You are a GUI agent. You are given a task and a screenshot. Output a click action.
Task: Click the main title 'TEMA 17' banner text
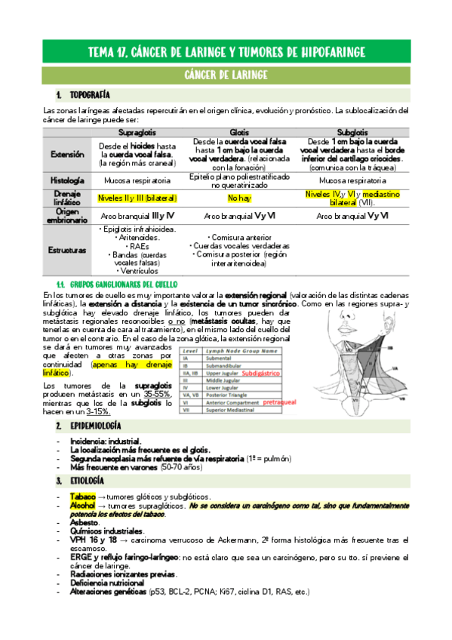click(x=226, y=51)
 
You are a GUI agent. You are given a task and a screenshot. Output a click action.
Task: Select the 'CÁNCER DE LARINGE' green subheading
click(x=226, y=75)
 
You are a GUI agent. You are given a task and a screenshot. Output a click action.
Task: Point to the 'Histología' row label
click(x=67, y=181)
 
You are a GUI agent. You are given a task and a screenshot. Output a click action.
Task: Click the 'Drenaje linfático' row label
click(x=67, y=198)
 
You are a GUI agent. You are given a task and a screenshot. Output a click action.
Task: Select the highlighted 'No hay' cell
click(x=238, y=198)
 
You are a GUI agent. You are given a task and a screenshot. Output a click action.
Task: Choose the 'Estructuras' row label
click(x=67, y=249)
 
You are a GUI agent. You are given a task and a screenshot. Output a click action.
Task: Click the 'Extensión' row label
click(x=67, y=154)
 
